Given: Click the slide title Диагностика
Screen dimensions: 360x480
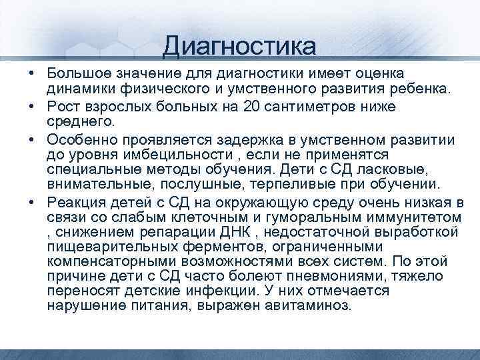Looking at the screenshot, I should pyautogui.click(x=239, y=46).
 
